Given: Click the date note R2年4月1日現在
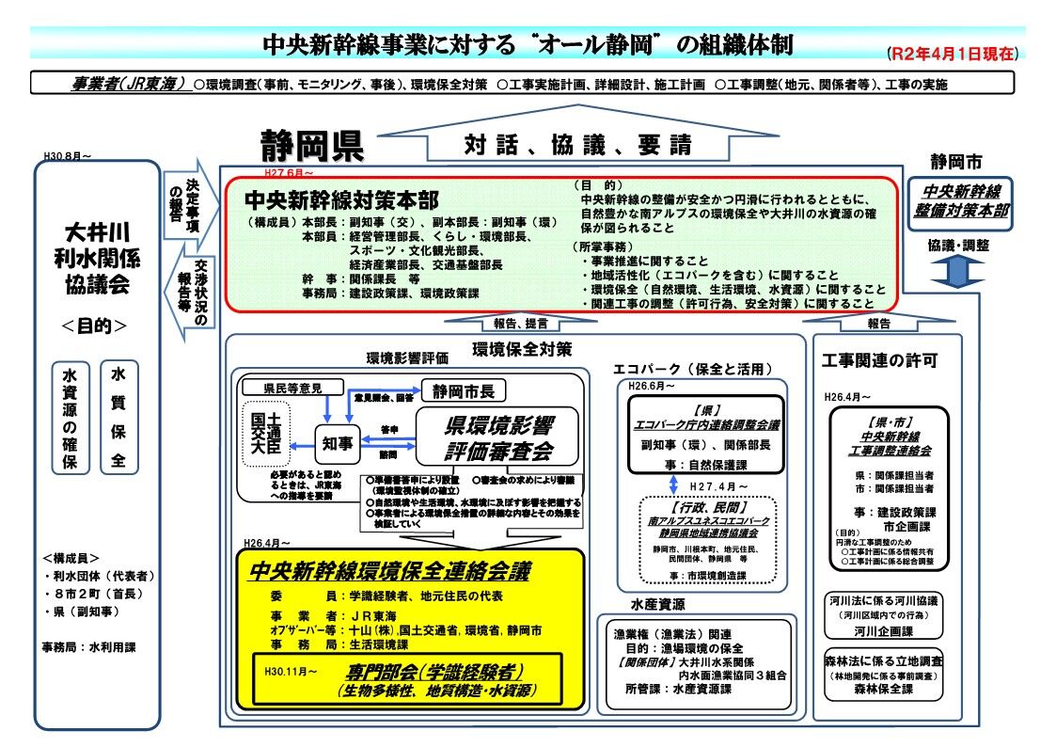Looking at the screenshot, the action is point(952,54).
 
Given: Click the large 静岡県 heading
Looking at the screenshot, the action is point(312,147).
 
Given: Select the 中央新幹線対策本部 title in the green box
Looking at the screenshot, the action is point(340,200).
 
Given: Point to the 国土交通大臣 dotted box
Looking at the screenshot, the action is point(266,434).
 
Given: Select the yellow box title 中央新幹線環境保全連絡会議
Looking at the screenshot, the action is point(388,572).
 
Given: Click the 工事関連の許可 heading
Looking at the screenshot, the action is point(879,360).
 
